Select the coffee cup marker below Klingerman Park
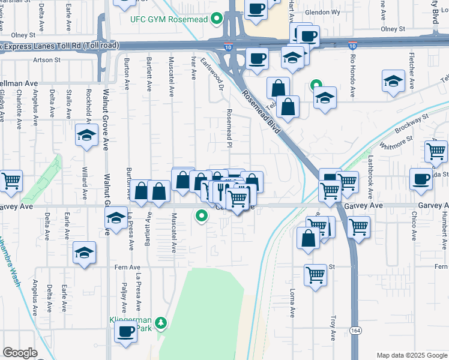point(125,332)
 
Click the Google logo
point(20,353)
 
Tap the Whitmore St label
point(397,142)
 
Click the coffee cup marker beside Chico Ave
point(421,178)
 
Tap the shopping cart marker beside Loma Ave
point(315,275)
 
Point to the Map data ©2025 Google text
point(411,355)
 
